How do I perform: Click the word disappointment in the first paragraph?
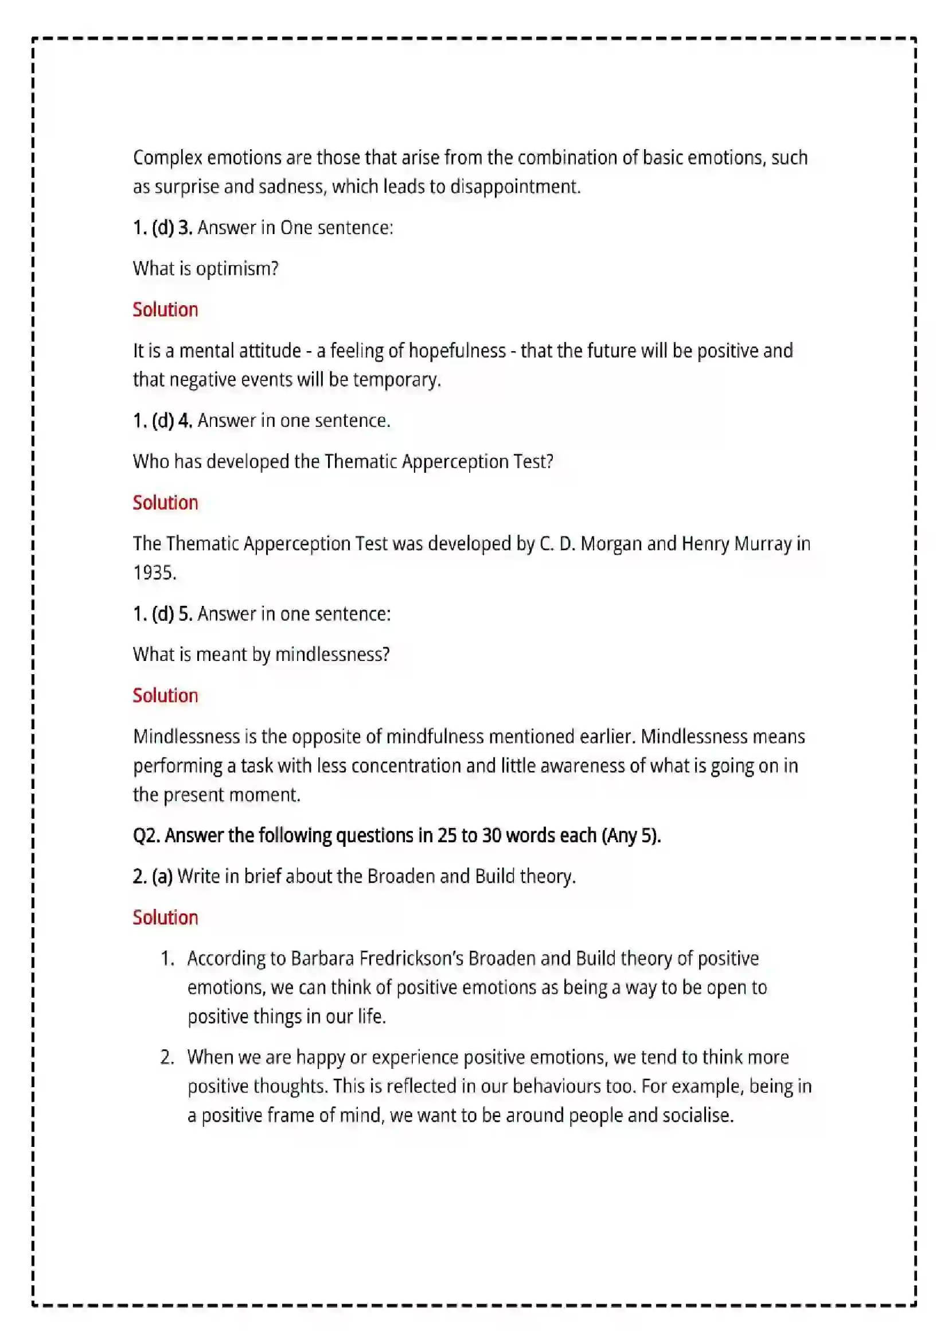pyautogui.click(x=514, y=186)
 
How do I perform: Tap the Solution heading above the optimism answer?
pyautogui.click(x=165, y=309)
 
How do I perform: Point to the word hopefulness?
pyautogui.click(x=457, y=350)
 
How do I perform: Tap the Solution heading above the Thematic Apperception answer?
pyautogui.click(x=165, y=502)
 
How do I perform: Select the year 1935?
pyautogui.click(x=154, y=572)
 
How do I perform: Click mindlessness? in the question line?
pyautogui.click(x=331, y=654)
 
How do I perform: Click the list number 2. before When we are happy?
pyautogui.click(x=167, y=1057)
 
